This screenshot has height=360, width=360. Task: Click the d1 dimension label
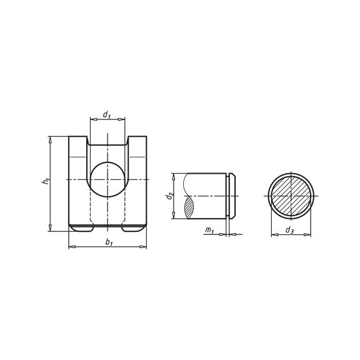pyautogui.click(x=107, y=115)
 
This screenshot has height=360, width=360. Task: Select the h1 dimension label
pyautogui.click(x=45, y=181)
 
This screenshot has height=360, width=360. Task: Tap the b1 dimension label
pyautogui.click(x=109, y=242)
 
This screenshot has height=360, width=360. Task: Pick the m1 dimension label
pyautogui.click(x=209, y=231)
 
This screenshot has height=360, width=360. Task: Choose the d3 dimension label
pyautogui.click(x=289, y=231)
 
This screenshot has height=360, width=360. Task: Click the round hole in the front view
pyautogui.click(x=107, y=180)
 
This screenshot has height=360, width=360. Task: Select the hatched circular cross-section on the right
pyautogui.click(x=291, y=196)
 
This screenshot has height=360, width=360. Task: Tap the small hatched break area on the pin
pyautogui.click(x=190, y=206)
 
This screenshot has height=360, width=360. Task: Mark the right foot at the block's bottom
pyautogui.click(x=133, y=229)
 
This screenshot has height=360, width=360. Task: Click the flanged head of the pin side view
pyautogui.click(x=232, y=196)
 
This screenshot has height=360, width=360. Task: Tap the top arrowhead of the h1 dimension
pyautogui.click(x=50, y=139)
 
